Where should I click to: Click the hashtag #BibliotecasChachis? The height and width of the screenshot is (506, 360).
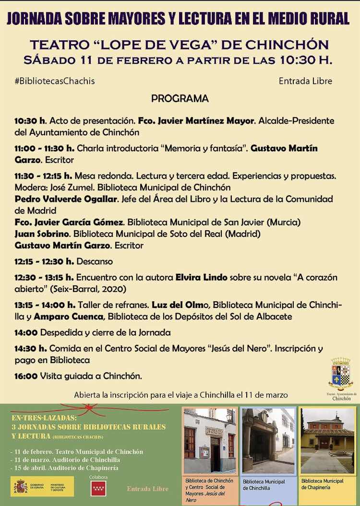54,81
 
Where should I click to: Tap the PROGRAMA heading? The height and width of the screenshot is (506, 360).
180,99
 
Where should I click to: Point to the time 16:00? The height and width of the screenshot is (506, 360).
26,376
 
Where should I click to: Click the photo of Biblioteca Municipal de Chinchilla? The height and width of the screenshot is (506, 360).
268,440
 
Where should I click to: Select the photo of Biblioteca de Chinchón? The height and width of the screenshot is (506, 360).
210,440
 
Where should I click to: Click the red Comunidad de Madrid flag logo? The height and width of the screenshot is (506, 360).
98,488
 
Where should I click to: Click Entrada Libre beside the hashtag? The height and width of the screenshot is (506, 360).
305,81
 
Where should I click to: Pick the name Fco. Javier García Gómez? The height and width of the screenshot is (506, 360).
70,223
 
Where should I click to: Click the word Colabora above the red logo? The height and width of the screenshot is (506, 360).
98,477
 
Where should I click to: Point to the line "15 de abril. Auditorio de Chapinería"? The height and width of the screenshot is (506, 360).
64,468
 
